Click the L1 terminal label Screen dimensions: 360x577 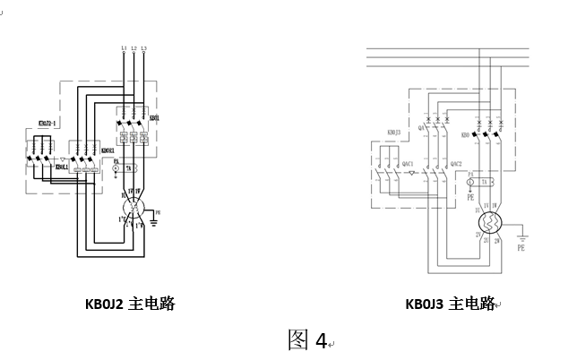point(123,46)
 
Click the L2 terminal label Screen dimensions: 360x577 point(133,46)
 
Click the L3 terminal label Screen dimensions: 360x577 point(144,46)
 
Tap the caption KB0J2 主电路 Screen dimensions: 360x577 point(129,304)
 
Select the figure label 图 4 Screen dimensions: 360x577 point(307,339)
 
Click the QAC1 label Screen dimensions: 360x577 point(408,163)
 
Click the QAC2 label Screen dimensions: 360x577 point(456,163)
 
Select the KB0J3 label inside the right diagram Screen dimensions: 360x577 point(393,133)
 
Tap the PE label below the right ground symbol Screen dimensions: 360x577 point(521,249)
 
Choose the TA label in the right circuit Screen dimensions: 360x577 point(484,182)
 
